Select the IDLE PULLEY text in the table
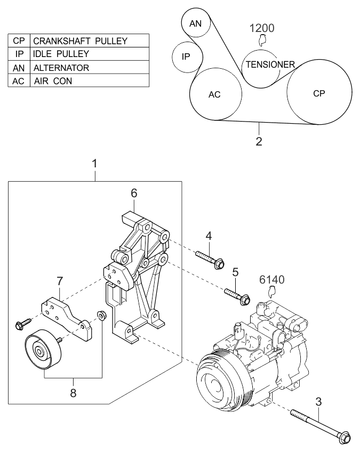[61, 54]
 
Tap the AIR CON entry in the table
[52, 82]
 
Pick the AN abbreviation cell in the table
[19, 68]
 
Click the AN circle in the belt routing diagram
[196, 23]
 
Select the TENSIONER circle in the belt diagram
[269, 64]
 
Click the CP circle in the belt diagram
[319, 93]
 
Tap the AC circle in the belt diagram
[214, 95]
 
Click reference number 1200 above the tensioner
[263, 28]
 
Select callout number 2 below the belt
[259, 142]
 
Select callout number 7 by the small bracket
[60, 280]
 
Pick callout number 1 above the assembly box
[95, 163]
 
